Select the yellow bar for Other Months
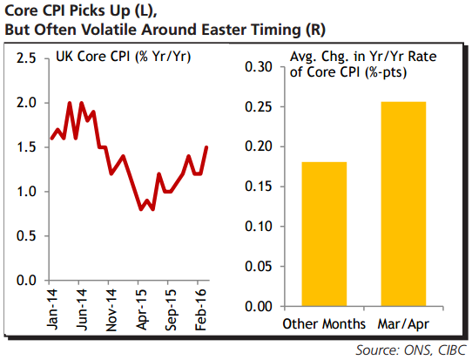(324, 234)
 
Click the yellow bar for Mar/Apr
(403, 204)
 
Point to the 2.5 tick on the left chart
(26, 58)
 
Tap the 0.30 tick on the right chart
(259, 67)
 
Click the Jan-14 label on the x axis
(52, 309)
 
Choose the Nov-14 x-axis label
(111, 310)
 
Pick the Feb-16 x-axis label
(200, 309)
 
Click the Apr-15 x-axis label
(141, 309)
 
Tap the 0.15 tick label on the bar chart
(259, 187)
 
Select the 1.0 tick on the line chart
(26, 192)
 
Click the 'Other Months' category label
(324, 324)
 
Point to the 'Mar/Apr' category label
(403, 324)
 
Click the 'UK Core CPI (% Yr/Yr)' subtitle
(124, 57)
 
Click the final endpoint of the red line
(206, 147)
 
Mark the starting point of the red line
(51, 139)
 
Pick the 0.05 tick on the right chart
(259, 267)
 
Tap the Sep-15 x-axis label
(171, 309)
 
